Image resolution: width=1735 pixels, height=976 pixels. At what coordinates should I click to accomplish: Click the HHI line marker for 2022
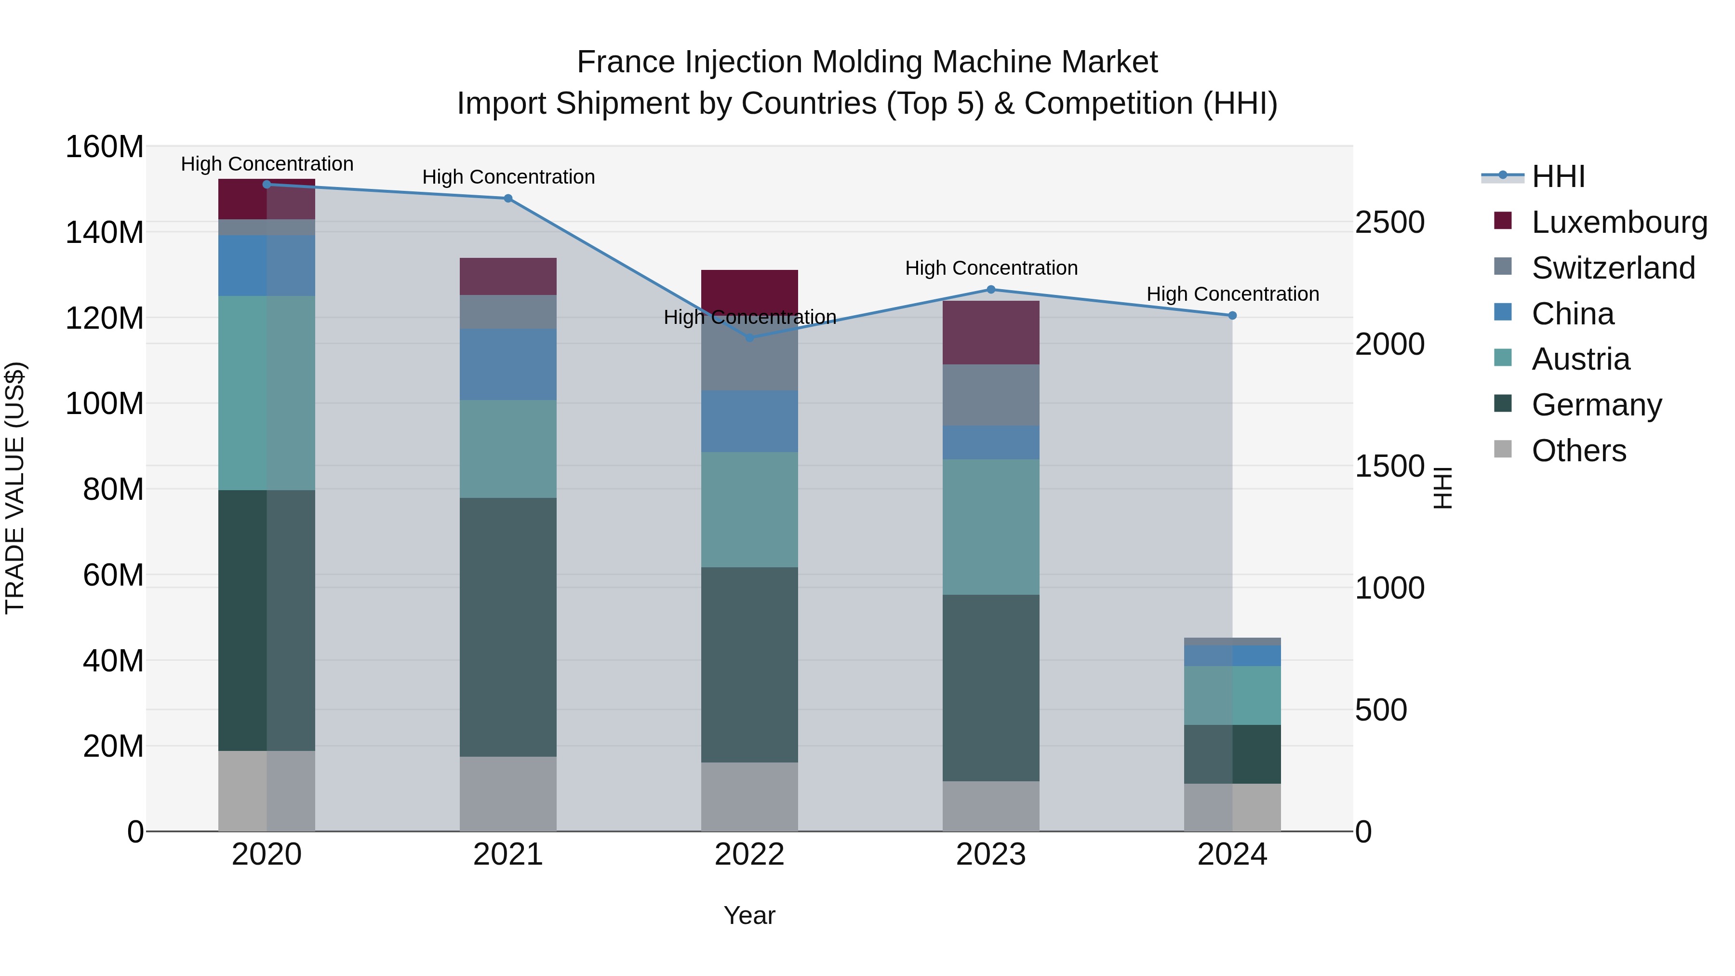(749, 337)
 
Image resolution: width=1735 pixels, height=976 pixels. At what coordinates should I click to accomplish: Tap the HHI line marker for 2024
(1232, 315)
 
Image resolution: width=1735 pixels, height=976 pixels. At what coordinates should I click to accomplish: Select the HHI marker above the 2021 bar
(508, 198)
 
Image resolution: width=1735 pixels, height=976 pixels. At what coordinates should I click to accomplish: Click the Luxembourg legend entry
(1619, 222)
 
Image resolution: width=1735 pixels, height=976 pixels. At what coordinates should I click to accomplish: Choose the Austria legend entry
(1580, 359)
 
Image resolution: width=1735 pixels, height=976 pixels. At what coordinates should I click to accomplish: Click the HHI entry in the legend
(1557, 176)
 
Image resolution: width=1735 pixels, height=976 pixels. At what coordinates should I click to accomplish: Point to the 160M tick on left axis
(105, 147)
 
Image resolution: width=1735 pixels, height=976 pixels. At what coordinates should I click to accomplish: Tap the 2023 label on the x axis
(991, 855)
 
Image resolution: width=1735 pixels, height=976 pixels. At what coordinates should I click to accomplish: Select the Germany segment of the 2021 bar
(508, 627)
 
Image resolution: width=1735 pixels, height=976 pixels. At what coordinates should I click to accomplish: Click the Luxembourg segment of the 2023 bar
(991, 332)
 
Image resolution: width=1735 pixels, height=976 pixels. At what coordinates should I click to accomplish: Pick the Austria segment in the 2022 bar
(749, 509)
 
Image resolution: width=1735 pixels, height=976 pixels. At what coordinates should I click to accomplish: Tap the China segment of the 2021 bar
(508, 364)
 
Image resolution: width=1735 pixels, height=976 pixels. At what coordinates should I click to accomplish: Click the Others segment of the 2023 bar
(991, 806)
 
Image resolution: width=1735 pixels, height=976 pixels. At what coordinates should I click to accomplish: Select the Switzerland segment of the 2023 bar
(991, 395)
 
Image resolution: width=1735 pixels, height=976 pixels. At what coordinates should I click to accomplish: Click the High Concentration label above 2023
(991, 268)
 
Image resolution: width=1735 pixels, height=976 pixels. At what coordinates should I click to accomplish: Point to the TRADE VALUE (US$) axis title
(15, 488)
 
